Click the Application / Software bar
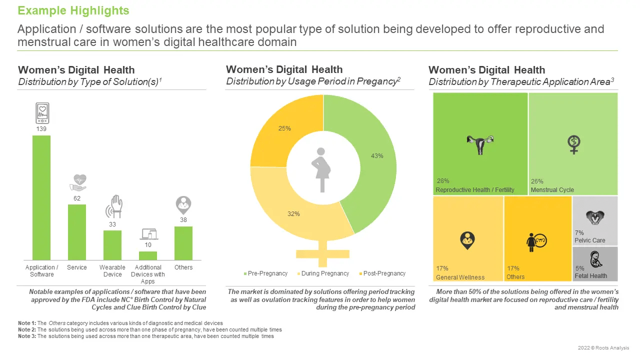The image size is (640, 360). coord(41,197)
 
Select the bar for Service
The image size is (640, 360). coord(77,232)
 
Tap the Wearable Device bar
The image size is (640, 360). coord(112,245)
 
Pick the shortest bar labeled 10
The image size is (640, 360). coord(148,255)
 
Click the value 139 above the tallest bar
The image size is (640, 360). coord(41,129)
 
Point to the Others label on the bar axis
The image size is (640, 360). coord(183,267)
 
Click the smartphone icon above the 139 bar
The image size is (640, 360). coord(42,113)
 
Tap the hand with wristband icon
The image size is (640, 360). coord(113,205)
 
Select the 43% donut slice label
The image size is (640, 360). coord(377,156)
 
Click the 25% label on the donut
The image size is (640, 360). coord(284,128)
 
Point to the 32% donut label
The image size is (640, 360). coord(293,214)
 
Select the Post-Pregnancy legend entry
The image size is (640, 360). coord(382,273)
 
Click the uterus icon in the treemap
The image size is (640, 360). coord(480,145)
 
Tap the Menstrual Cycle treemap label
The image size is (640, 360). coord(552,190)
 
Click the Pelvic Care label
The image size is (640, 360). coord(589,240)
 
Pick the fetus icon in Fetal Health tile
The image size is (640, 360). coord(595,258)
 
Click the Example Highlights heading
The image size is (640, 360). coord(73,10)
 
